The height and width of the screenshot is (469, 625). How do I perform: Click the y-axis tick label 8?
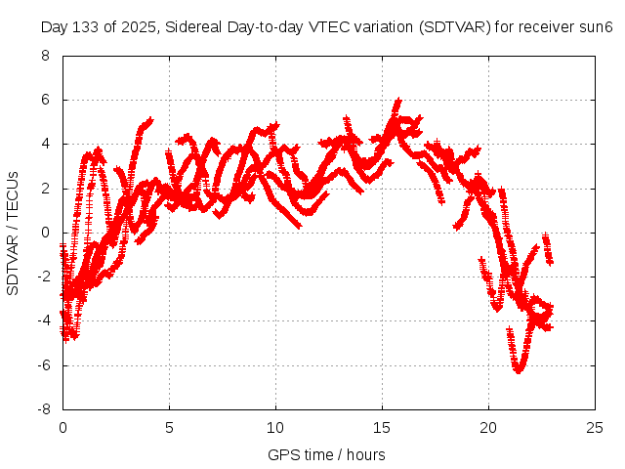coord(45,56)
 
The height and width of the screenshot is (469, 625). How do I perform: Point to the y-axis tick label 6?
coord(45,100)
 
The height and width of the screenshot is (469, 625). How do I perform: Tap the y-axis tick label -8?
coord(42,409)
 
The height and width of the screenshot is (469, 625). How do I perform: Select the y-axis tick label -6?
coord(42,365)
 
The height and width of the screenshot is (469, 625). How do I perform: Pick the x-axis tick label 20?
coord(488,428)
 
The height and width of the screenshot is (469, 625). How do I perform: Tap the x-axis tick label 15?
coord(382,428)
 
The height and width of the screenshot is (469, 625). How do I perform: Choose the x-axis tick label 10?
coord(275,428)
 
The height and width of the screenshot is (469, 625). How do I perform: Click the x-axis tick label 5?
coord(169,428)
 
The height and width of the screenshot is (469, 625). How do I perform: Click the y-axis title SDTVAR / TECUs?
coord(14,233)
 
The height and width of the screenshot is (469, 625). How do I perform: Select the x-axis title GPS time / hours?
coord(326,454)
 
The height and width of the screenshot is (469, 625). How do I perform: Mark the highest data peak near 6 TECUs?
coord(397,101)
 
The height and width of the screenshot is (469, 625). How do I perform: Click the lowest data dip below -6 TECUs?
coord(519,370)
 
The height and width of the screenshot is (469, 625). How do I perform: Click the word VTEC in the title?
coord(314,25)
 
